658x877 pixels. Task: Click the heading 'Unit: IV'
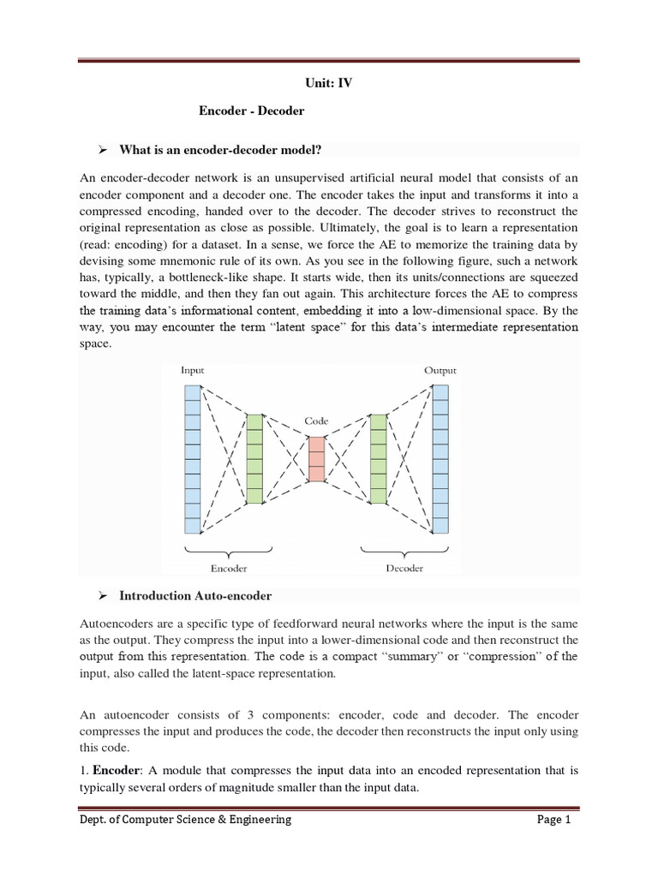(x=330, y=84)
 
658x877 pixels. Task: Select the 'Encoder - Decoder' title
(x=251, y=111)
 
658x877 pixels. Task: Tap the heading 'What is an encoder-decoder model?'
(x=220, y=151)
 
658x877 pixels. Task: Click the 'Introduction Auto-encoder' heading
(x=195, y=595)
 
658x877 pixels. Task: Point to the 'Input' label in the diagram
(x=192, y=370)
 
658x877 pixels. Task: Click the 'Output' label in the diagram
(x=440, y=370)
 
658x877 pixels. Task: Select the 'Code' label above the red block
(x=316, y=421)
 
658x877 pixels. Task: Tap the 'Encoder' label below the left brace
(x=229, y=567)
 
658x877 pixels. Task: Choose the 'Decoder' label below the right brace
(x=404, y=567)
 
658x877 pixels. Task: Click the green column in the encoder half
(x=254, y=458)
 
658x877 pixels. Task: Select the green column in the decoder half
(x=379, y=458)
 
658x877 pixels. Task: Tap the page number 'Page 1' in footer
(x=553, y=820)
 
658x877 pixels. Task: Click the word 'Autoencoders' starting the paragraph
(x=116, y=624)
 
